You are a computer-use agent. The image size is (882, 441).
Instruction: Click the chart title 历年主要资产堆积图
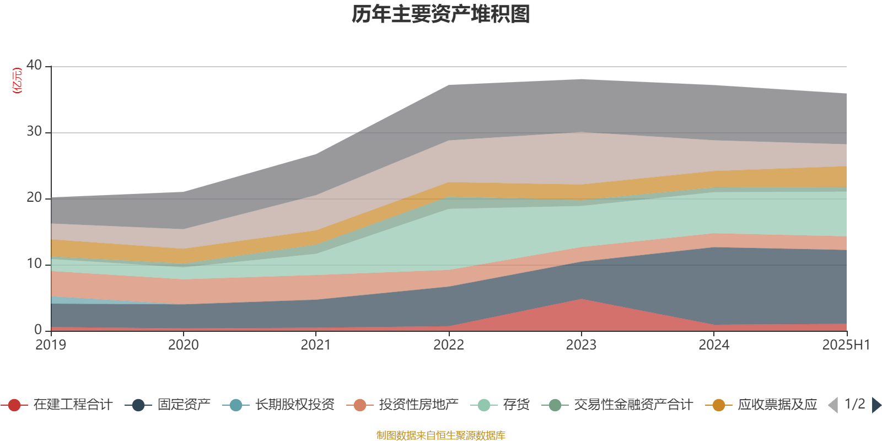[441, 14]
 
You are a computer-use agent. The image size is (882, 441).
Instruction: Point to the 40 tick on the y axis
[34, 65]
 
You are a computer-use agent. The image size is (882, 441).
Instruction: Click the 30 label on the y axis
[34, 131]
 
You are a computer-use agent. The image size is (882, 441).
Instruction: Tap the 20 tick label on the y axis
[34, 197]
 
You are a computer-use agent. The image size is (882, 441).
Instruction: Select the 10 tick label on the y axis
[34, 263]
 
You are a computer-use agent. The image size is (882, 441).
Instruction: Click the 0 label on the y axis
[38, 330]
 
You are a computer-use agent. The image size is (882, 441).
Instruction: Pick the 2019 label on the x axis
[51, 345]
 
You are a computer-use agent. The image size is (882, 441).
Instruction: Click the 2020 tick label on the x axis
[183, 345]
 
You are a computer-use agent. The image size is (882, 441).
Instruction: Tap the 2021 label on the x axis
[316, 345]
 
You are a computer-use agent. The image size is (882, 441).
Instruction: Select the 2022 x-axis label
[449, 345]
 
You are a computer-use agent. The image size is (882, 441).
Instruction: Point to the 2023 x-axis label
[581, 345]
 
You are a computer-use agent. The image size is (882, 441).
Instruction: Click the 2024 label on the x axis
[714, 345]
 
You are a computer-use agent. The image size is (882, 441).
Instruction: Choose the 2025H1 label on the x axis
[846, 345]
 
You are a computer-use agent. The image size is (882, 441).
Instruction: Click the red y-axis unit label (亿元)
[17, 80]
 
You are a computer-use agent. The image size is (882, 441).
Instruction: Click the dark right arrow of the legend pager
[876, 405]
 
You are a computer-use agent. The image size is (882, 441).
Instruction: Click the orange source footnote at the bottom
[441, 435]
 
